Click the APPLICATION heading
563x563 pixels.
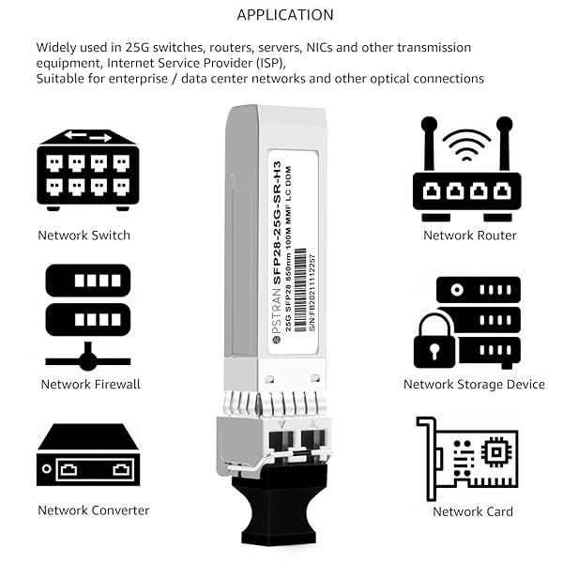(x=284, y=14)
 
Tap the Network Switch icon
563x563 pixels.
(x=87, y=170)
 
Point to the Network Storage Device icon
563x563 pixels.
(x=466, y=322)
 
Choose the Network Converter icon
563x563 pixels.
(x=87, y=455)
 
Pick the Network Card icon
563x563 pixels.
(x=468, y=458)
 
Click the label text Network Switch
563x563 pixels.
(x=84, y=236)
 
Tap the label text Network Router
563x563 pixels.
(x=469, y=236)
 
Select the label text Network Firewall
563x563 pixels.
(x=90, y=384)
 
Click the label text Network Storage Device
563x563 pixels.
(x=474, y=384)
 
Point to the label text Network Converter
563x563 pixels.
(x=93, y=510)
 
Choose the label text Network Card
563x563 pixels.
(x=473, y=511)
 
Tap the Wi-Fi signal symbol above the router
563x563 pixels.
(x=466, y=141)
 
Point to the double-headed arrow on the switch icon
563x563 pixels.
(x=87, y=137)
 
